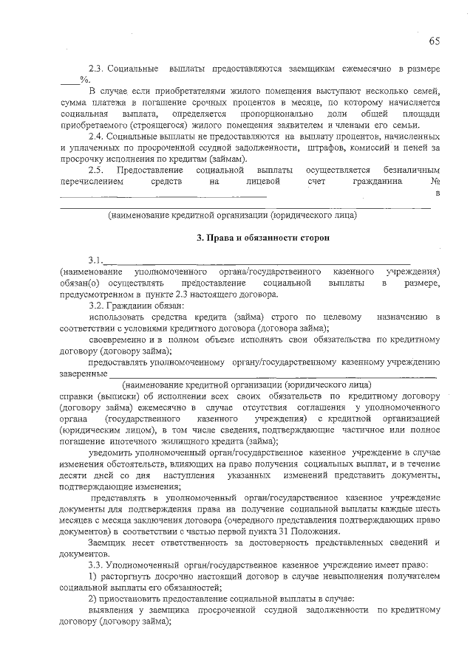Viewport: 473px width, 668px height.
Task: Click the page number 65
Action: [434, 41]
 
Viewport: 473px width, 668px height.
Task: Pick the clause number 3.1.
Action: [96, 261]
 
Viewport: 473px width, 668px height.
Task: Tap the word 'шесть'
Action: [428, 509]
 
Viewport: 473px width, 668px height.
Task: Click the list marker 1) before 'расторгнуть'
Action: [92, 576]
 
